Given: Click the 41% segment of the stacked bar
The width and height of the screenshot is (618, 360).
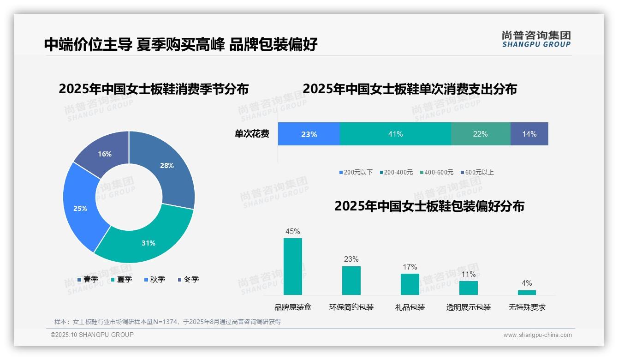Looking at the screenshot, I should (x=395, y=134).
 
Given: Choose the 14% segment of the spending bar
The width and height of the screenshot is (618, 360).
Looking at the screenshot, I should (x=529, y=134).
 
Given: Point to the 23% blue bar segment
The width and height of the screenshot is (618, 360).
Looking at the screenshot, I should (x=309, y=134).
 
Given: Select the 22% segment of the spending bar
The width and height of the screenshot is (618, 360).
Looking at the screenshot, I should (x=480, y=134).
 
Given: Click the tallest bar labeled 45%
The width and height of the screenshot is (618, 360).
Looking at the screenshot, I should (x=293, y=266).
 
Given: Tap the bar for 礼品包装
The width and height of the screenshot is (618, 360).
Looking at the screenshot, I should (x=410, y=284).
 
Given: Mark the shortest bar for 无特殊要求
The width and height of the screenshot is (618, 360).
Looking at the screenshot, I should (x=527, y=292).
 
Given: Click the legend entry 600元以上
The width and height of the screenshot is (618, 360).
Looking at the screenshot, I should (x=477, y=173).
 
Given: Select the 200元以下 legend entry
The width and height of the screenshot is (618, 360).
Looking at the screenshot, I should (x=356, y=173).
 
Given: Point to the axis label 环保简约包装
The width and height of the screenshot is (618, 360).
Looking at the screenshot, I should (x=351, y=307).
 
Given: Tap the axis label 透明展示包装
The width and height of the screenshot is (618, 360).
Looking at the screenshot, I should (x=468, y=307).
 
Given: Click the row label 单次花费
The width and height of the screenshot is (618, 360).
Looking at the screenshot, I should (x=252, y=134).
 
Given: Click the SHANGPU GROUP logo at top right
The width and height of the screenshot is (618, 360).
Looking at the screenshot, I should (x=536, y=39).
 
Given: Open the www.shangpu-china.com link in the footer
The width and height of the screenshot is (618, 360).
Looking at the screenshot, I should (x=537, y=335).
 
